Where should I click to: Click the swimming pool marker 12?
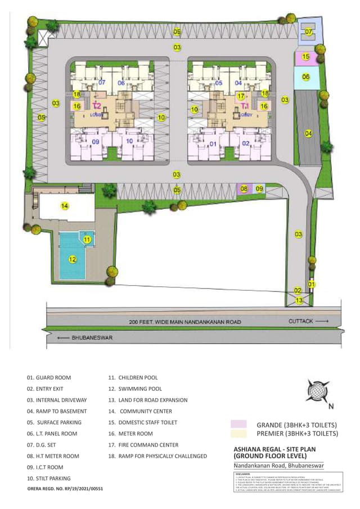coord(72,259)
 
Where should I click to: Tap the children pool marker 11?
coord(87,240)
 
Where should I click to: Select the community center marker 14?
coord(65,206)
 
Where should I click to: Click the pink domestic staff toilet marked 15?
coord(305,56)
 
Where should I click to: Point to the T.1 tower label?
coord(245,106)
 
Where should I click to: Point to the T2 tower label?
coord(97,106)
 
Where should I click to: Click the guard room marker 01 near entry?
coord(311,285)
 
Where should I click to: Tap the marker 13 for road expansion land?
coord(300,301)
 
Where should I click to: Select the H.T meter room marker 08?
coord(244,189)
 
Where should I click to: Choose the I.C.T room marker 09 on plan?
coord(259,189)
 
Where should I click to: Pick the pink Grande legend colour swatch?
coord(238,424)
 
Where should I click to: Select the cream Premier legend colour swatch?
coord(238,434)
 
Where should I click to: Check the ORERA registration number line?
coord(65,489)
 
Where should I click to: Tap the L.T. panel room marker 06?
coord(305,76)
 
